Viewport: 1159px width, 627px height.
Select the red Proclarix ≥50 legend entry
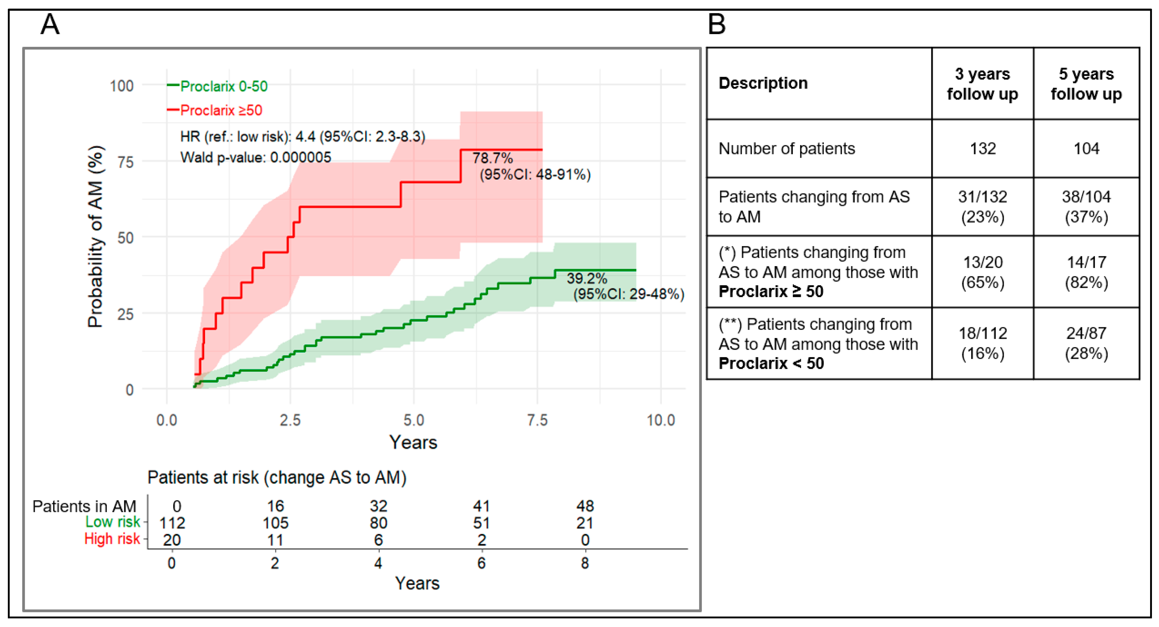[214, 110]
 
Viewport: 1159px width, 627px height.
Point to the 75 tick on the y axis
[126, 162]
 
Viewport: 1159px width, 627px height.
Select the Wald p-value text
[256, 157]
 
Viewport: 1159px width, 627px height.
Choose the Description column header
[763, 83]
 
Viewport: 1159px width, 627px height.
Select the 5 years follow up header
[1086, 84]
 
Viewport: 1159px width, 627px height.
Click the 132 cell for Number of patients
[983, 148]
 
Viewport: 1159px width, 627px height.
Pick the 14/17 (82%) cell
[1086, 272]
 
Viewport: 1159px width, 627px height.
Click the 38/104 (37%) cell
[1086, 207]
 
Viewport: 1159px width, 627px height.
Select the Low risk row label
[113, 522]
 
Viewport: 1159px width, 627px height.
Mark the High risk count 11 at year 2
[275, 540]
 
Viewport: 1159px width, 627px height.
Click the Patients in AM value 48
[585, 506]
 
